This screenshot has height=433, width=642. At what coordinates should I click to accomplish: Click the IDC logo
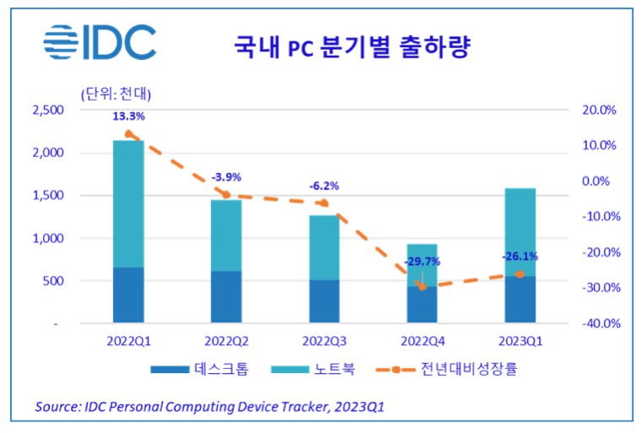coord(100,43)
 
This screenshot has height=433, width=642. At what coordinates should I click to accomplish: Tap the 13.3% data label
coord(128,116)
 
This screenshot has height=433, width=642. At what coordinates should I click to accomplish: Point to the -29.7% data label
coord(422,263)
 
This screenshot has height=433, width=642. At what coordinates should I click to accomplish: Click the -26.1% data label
coord(520,257)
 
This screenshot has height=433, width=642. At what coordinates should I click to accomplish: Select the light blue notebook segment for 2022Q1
coord(128,203)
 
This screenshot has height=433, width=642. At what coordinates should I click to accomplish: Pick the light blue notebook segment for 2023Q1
coord(520,231)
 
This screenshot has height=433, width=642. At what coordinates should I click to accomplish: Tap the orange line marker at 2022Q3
coord(324,203)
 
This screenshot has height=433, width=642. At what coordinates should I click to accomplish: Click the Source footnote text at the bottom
coord(209,407)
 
